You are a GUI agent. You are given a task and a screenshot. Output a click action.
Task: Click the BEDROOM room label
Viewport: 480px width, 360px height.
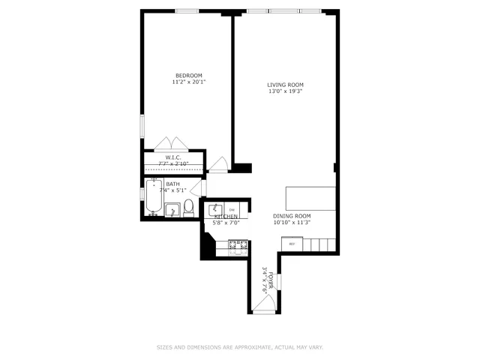click(189, 75)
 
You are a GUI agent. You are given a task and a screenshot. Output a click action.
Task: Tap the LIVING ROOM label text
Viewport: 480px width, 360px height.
click(286, 84)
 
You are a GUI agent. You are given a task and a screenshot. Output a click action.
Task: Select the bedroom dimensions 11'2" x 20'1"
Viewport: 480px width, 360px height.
click(189, 82)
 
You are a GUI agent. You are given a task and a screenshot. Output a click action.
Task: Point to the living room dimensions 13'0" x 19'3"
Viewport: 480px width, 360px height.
click(286, 91)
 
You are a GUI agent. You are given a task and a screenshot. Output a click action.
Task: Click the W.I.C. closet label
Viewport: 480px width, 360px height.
click(172, 157)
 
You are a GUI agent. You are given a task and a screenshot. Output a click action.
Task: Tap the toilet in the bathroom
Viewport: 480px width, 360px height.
click(189, 207)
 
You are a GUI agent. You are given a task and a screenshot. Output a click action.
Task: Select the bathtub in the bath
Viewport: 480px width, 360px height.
click(154, 199)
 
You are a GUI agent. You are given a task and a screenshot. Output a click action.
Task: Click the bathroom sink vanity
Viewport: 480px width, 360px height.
click(172, 210)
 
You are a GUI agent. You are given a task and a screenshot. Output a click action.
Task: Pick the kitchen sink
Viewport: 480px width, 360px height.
click(213, 209)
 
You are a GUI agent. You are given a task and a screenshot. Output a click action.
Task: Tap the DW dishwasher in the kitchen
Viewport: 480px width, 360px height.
click(232, 209)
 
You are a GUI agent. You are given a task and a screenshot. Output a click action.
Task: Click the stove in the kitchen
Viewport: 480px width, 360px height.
click(238, 244)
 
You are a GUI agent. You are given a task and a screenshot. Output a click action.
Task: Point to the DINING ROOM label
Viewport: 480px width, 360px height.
click(292, 216)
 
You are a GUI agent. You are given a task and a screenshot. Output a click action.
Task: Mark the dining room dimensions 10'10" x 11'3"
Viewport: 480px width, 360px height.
click(292, 223)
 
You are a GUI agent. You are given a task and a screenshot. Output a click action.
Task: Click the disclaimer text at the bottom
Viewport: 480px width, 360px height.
click(240, 347)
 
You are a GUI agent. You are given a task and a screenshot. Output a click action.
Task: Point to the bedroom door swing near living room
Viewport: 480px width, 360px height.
click(219, 164)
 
